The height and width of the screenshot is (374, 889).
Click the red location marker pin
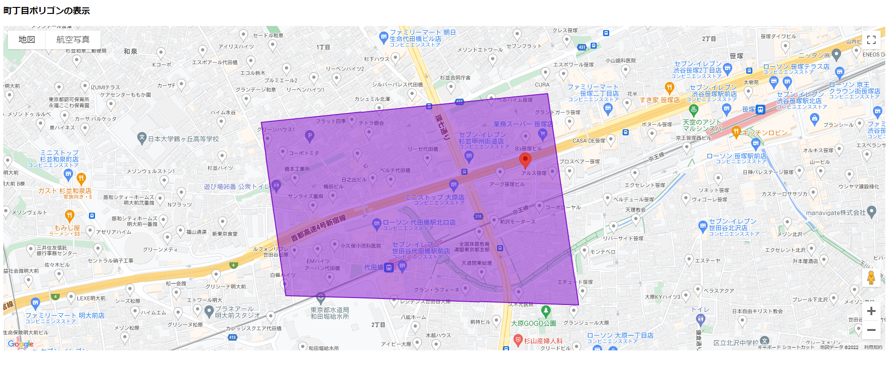pyautogui.click(x=525, y=160)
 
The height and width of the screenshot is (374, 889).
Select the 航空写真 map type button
pyautogui.click(x=73, y=40)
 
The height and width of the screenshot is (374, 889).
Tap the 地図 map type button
pyautogui.click(x=27, y=40)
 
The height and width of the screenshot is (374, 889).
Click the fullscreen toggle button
pyautogui.click(x=871, y=40)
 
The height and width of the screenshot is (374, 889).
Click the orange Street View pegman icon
pyautogui.click(x=871, y=278)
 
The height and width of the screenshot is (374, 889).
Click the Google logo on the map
pyautogui.click(x=21, y=344)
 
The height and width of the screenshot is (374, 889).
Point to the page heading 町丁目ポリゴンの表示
pyautogui.click(x=47, y=11)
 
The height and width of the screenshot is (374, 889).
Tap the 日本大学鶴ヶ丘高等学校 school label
pyautogui.click(x=183, y=139)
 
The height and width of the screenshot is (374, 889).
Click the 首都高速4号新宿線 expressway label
pyautogui.click(x=318, y=228)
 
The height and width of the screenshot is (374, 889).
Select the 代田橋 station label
pyautogui.click(x=373, y=267)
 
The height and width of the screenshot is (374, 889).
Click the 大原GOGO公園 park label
pyautogui.click(x=533, y=323)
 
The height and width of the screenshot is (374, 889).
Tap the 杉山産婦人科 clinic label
pyautogui.click(x=543, y=341)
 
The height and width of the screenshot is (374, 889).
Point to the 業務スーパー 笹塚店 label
pyautogui.click(x=523, y=124)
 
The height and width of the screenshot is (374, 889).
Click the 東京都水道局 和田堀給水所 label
pyautogui.click(x=329, y=313)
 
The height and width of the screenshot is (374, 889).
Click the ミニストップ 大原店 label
pyautogui.click(x=434, y=197)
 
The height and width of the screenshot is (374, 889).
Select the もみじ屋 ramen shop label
pyautogui.click(x=67, y=228)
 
